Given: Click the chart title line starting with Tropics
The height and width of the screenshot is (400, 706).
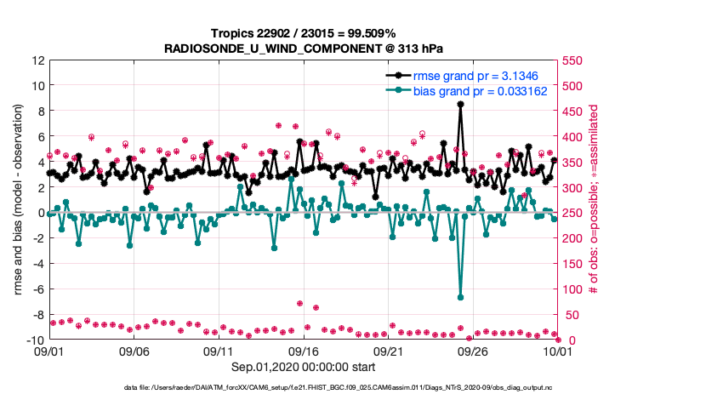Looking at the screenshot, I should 303,32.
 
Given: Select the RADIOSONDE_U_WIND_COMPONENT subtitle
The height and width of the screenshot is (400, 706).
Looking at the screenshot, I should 303,48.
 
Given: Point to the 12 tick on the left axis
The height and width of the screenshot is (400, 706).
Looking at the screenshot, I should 37,60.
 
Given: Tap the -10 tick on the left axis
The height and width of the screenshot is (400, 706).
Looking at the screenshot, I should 35,340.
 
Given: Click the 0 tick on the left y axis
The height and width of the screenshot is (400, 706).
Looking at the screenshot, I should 40,213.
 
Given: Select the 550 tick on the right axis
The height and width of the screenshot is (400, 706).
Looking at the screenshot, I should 576,60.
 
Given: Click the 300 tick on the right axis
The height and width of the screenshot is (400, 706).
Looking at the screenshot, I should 576,188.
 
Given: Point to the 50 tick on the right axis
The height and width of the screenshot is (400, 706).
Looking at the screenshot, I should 572,316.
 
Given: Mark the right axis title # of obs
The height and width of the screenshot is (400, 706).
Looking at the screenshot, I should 594,201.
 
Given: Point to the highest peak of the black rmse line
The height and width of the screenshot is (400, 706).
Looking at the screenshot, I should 460,104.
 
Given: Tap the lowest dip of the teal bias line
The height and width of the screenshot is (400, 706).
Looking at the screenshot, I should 460,297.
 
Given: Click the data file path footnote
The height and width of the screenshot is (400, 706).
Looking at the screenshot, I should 303,388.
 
